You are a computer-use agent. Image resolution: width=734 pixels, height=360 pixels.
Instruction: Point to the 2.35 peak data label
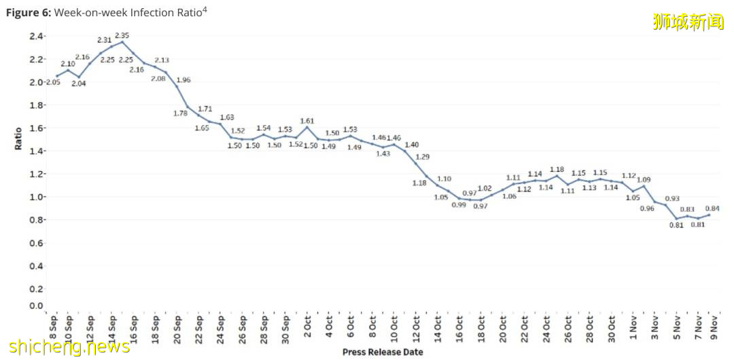pos(122,35)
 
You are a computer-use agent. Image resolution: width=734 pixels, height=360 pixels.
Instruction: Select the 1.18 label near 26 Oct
pos(557,169)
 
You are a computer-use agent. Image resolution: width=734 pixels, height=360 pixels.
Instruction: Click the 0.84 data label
pos(713,209)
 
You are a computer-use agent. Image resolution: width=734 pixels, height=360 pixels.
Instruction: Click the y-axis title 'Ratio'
pos(18,139)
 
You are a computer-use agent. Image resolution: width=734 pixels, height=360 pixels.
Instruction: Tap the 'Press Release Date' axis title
pos(383,352)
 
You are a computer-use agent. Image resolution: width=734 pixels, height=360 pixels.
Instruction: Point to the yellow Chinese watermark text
pos(688,22)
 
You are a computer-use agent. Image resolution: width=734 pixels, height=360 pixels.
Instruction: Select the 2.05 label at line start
pos(53,82)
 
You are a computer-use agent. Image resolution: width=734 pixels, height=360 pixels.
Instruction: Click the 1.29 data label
pos(423,157)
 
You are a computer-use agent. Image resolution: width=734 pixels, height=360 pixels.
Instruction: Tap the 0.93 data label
pos(672,198)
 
